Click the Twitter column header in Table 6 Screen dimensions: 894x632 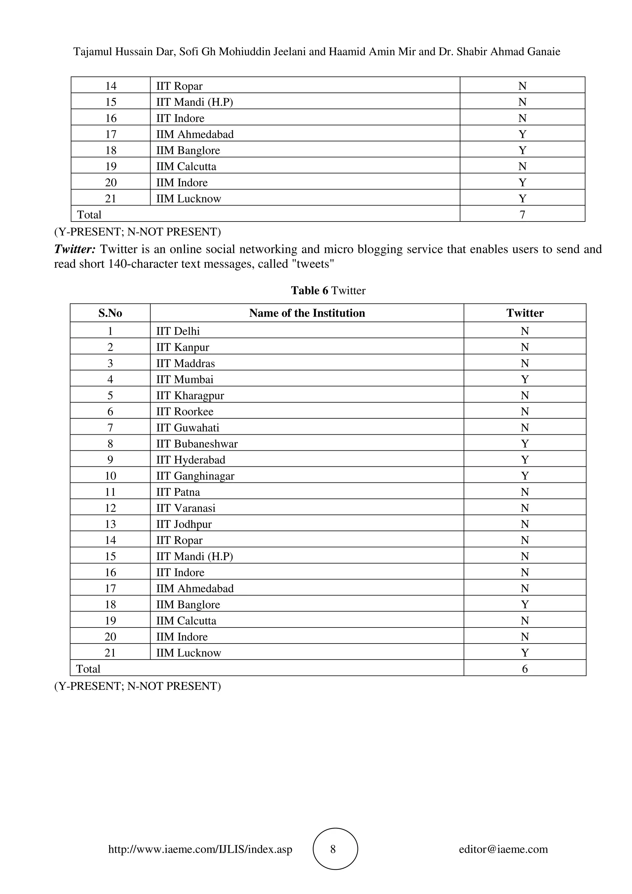pos(525,313)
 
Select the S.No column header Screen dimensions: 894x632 pos(110,313)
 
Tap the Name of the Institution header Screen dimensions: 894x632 pos(307,313)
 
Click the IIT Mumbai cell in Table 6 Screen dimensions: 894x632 pos(185,379)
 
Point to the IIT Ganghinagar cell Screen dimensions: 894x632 pos(195,476)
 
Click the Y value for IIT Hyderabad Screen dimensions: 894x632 pos(525,460)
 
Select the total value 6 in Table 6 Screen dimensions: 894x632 pos(525,669)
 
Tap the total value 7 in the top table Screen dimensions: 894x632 pos(522,214)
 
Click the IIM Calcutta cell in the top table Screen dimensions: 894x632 pos(186,166)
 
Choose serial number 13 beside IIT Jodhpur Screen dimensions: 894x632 pos(110,524)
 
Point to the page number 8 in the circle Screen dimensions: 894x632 pos(333,849)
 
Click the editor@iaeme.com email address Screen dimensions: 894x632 pos(503,849)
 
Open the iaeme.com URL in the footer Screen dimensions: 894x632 pos(200,849)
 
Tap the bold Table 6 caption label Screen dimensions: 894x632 pos(310,291)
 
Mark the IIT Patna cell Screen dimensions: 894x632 pos(178,492)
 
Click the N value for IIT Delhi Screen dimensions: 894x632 pos(525,331)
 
